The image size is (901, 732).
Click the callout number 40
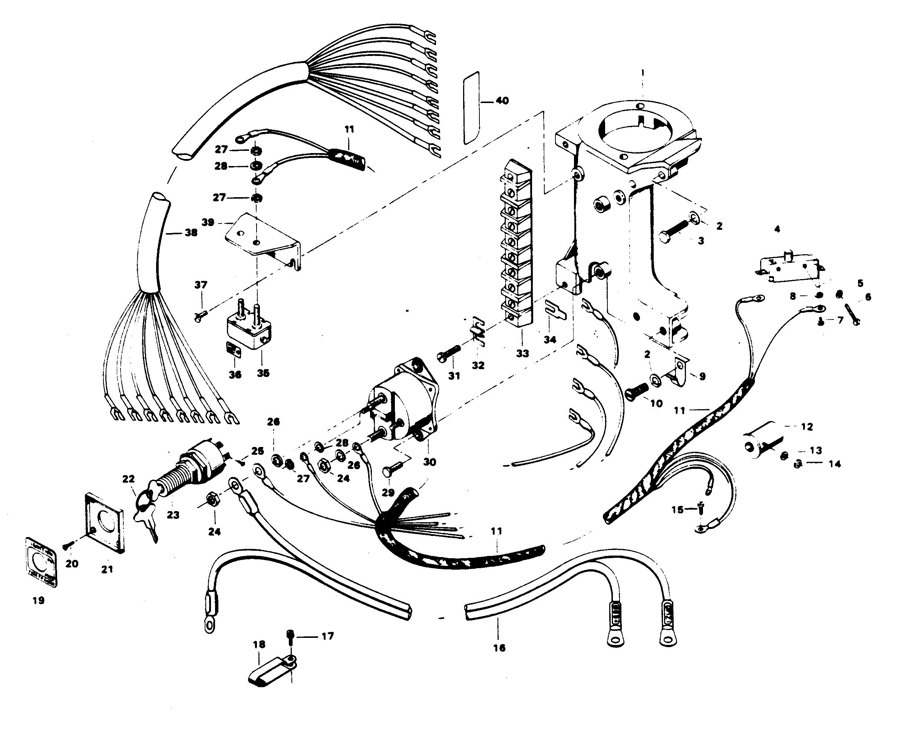(x=502, y=101)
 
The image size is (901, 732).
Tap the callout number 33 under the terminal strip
(x=522, y=353)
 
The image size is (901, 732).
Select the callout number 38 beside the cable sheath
(x=191, y=232)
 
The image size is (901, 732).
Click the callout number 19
(x=39, y=600)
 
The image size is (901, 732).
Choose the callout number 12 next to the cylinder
(x=806, y=427)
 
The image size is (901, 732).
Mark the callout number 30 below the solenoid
(x=429, y=462)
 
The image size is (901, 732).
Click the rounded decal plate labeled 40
(x=471, y=107)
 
